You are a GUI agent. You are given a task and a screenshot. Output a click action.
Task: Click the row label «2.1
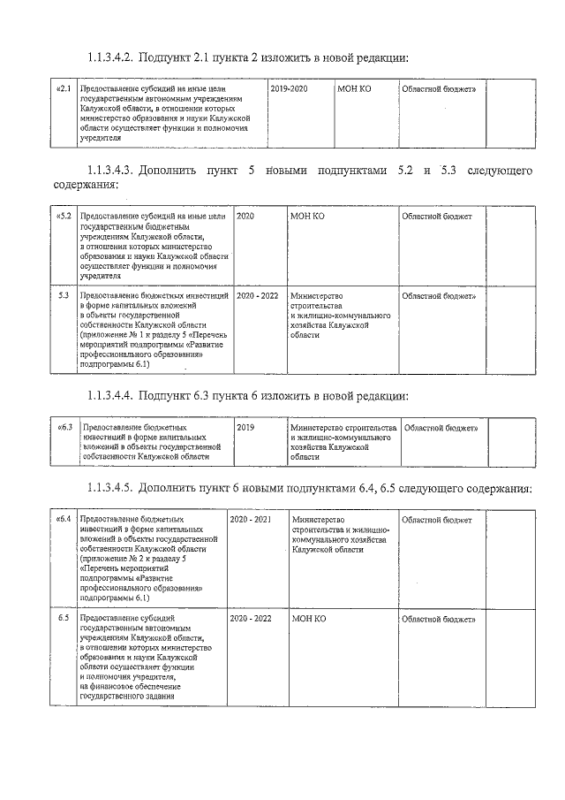click(x=63, y=90)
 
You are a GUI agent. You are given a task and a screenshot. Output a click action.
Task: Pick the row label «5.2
click(x=63, y=217)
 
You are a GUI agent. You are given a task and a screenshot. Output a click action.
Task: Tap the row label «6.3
click(x=64, y=427)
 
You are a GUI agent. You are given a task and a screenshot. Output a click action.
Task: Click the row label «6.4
click(x=63, y=519)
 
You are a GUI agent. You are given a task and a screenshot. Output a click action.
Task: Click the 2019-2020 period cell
click(x=290, y=90)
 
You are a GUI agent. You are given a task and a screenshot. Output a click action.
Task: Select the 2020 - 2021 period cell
click(x=251, y=519)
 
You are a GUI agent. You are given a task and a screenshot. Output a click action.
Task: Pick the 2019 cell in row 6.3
click(x=245, y=427)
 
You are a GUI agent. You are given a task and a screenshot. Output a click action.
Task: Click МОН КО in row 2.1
click(x=356, y=90)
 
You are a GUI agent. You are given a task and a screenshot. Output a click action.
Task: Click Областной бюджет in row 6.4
click(x=436, y=519)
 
